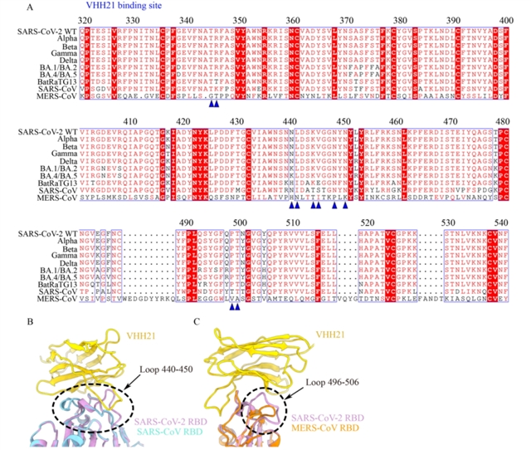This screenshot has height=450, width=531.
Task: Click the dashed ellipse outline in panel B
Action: [54, 406]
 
